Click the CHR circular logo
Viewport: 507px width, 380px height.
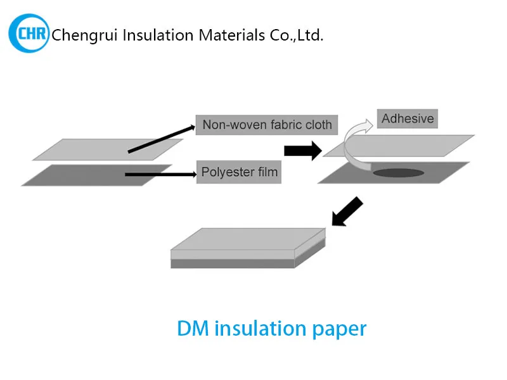click(x=29, y=34)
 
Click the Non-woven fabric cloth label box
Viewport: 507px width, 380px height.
click(x=267, y=125)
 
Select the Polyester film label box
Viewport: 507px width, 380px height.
click(x=239, y=172)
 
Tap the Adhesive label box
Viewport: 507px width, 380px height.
click(x=408, y=118)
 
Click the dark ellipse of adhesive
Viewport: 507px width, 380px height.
click(x=399, y=172)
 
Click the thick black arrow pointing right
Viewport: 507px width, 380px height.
click(x=302, y=151)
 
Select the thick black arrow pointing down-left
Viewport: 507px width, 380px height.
click(x=348, y=212)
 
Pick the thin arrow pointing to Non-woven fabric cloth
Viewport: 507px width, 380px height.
click(x=162, y=139)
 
